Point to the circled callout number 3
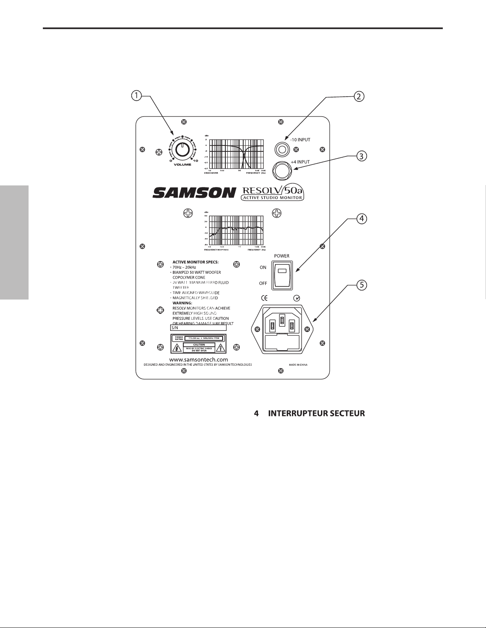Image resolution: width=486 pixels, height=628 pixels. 360,156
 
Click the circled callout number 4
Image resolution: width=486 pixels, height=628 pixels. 361,219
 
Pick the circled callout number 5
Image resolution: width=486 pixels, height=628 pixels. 361,284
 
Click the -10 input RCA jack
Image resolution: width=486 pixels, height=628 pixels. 282,150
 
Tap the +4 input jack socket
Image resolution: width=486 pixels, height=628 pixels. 282,171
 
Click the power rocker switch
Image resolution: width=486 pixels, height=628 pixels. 282,273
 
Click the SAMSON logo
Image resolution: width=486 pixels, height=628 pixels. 194,193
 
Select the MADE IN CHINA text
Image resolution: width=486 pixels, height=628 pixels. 299,365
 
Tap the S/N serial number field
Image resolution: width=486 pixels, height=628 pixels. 198,328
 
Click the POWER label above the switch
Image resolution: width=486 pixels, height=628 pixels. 281,256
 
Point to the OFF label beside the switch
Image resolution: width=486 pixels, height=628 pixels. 263,283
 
